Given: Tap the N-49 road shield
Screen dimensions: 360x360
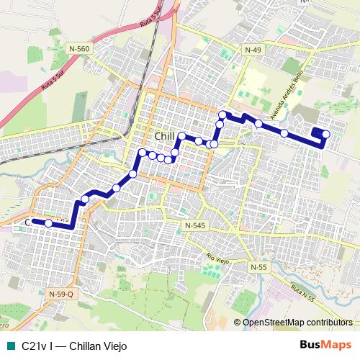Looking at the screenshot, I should (253, 49).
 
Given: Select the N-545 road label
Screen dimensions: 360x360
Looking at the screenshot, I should (194, 225).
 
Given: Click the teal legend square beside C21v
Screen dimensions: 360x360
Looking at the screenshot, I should (9, 345).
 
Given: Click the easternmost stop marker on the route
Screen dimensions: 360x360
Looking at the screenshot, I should (326, 134).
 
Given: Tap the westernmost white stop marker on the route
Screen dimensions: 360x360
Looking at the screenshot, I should (48, 223).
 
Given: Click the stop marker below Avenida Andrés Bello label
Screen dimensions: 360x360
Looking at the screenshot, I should (284, 132).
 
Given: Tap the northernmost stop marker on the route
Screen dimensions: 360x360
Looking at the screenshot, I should (223, 114).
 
